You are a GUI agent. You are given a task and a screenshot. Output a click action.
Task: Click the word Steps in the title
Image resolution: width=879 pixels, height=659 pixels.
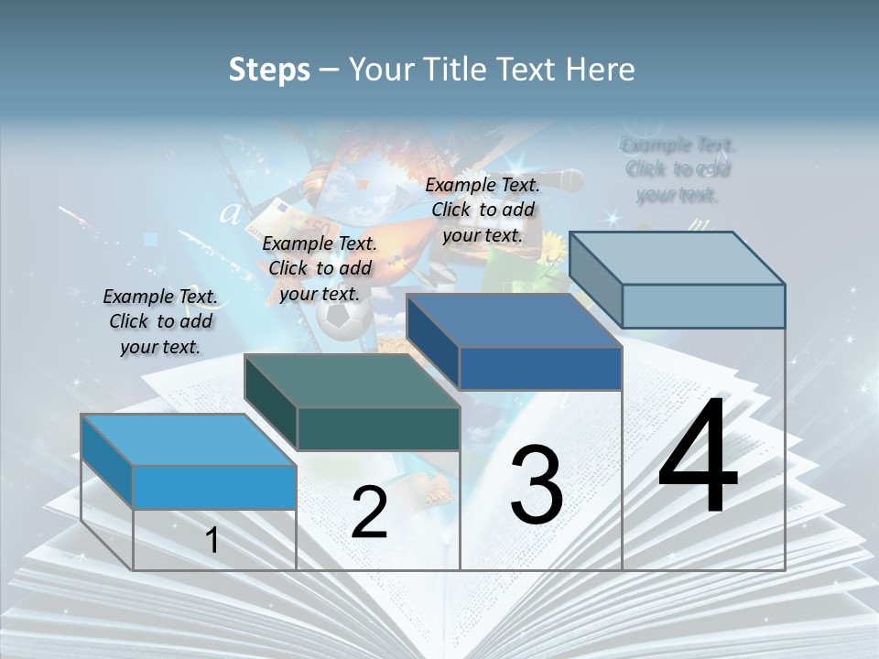click(x=269, y=70)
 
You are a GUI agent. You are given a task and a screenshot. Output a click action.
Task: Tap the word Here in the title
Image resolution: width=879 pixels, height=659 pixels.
click(x=599, y=70)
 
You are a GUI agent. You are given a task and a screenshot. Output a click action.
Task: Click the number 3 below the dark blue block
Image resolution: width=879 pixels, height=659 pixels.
click(x=537, y=484)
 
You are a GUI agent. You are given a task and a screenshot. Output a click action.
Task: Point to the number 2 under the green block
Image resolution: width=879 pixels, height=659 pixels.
click(x=369, y=513)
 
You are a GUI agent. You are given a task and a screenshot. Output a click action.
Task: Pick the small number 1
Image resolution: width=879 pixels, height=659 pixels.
click(x=212, y=540)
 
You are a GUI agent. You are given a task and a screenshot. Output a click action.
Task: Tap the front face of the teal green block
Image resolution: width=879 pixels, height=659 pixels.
click(x=378, y=429)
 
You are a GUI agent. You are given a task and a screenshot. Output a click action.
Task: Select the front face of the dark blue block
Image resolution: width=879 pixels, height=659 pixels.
click(x=540, y=369)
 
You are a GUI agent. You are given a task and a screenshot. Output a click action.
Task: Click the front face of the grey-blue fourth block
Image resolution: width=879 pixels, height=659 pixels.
click(x=703, y=306)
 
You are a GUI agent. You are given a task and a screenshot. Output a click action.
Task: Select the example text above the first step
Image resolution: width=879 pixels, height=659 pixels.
click(x=160, y=321)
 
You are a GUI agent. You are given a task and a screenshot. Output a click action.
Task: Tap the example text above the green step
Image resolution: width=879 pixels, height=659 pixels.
click(x=320, y=268)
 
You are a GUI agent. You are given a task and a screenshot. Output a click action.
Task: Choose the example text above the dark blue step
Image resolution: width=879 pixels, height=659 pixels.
click(x=483, y=210)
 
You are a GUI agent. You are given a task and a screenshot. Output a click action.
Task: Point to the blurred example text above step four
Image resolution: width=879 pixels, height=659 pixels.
click(x=678, y=169)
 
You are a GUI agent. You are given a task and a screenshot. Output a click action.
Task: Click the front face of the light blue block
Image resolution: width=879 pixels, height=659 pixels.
click(x=214, y=487)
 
